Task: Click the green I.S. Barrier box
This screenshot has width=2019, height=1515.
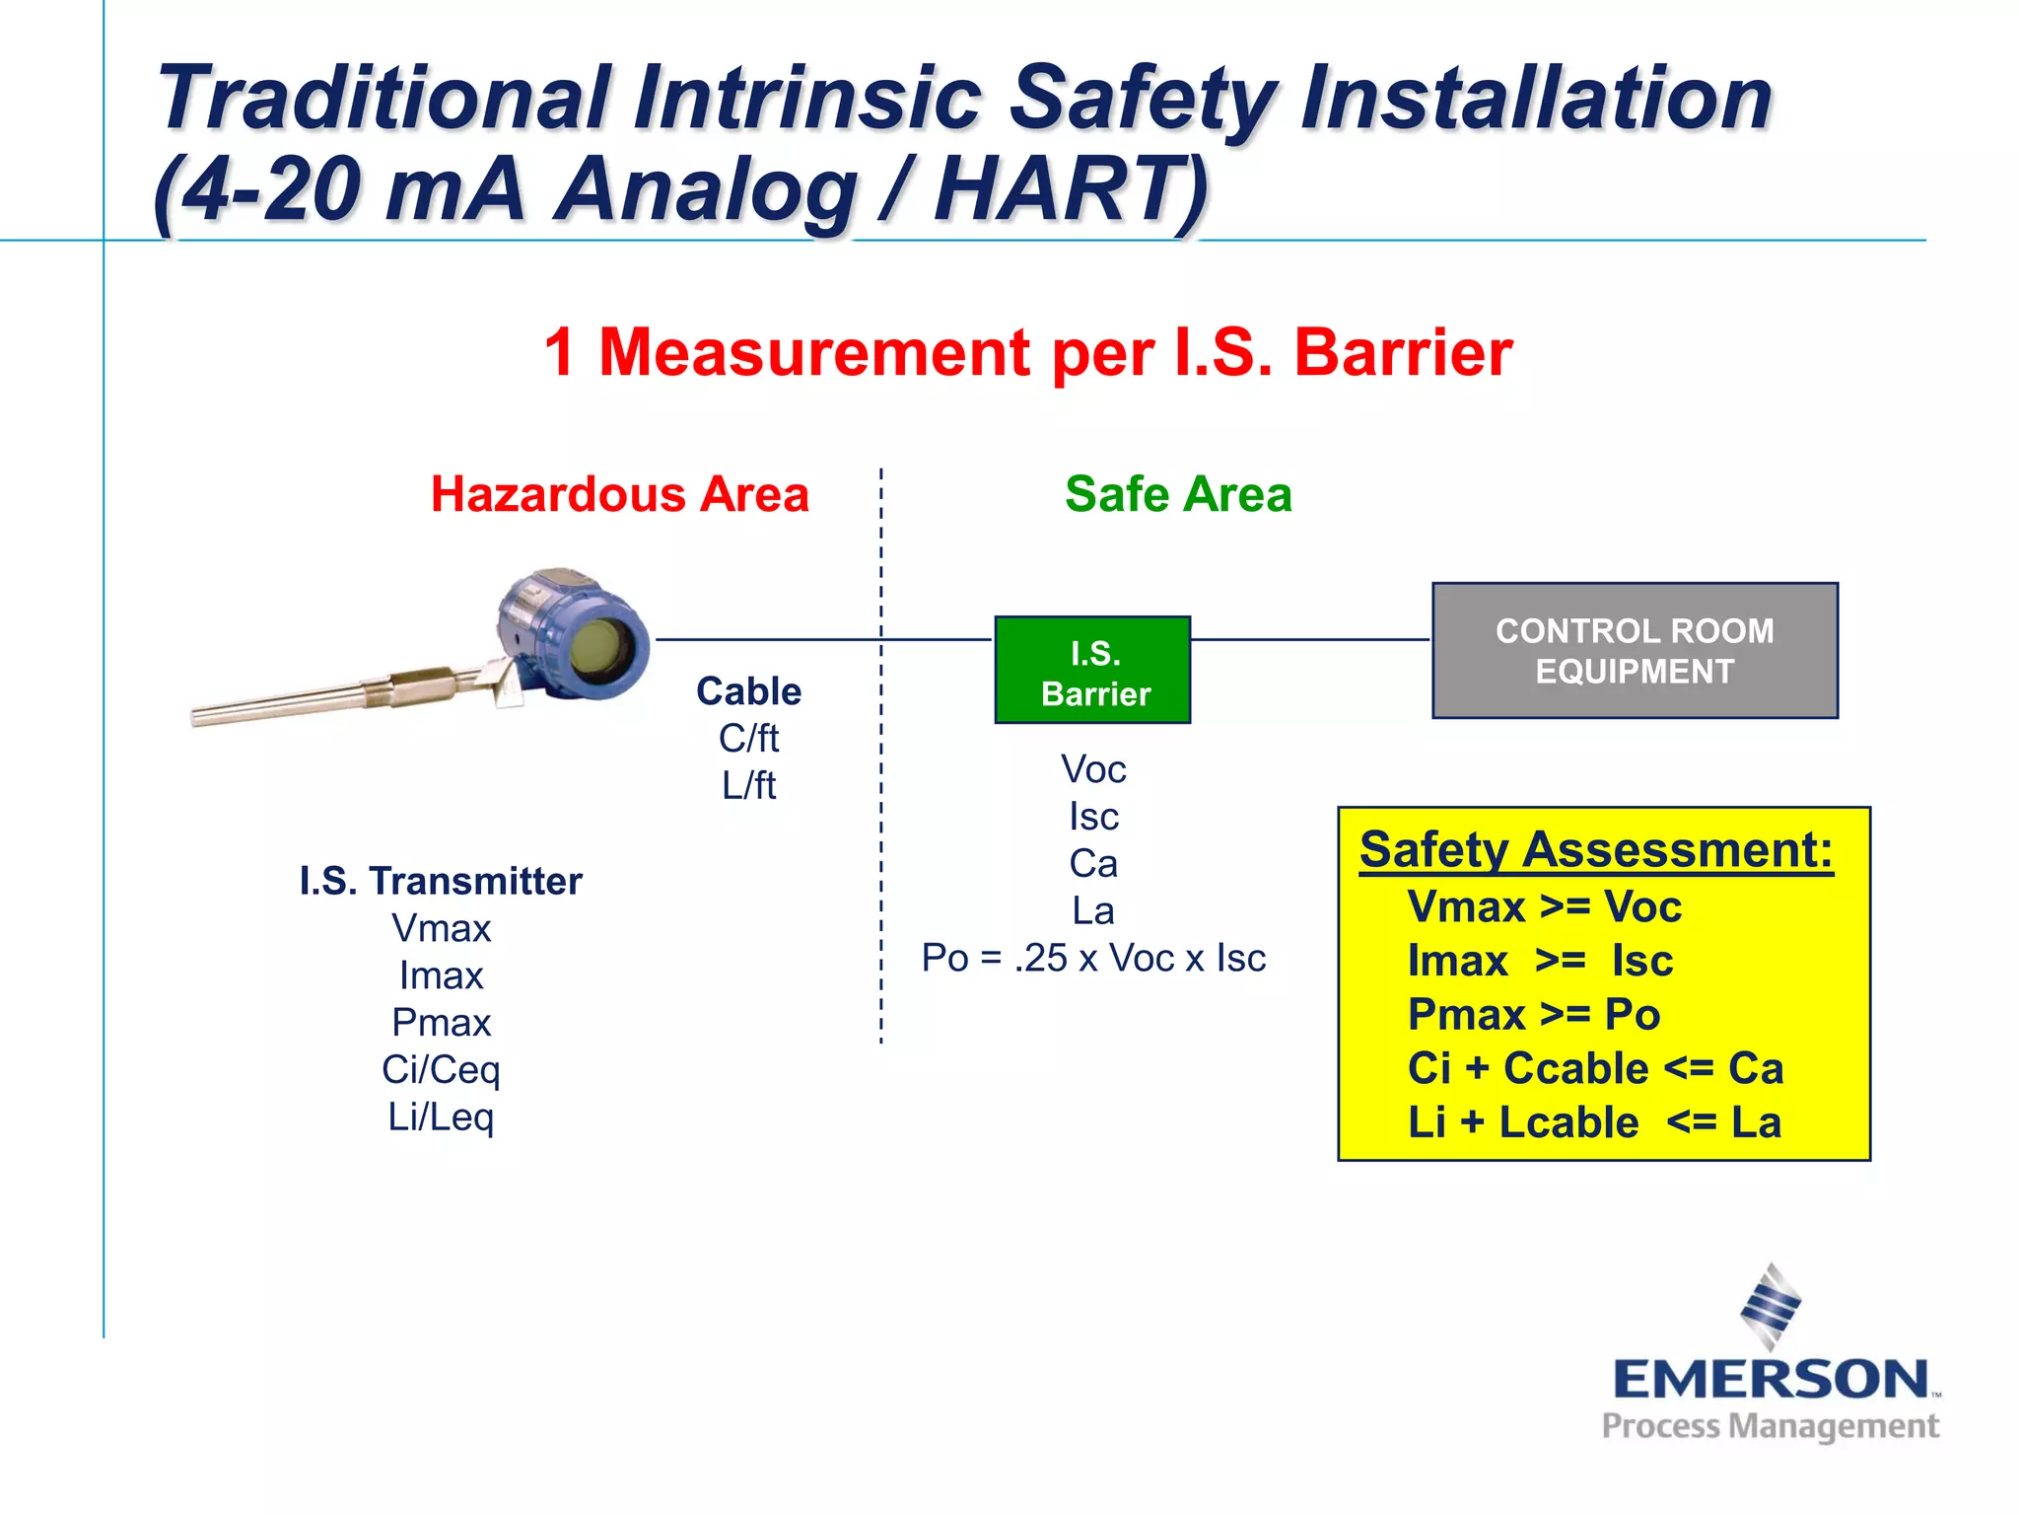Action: click(x=1092, y=671)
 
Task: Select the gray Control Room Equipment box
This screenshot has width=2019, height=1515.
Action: click(x=1635, y=651)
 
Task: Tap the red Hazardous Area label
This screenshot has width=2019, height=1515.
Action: click(x=619, y=494)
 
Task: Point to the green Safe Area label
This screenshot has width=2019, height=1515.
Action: click(x=1178, y=494)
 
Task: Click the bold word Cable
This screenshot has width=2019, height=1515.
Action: click(x=748, y=691)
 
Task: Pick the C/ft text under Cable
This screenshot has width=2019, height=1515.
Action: click(x=748, y=738)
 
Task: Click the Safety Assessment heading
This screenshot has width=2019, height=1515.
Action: click(x=1595, y=849)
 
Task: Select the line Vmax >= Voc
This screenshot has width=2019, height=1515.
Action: click(x=1544, y=907)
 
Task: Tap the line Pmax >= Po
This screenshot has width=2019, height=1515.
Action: click(x=1534, y=1015)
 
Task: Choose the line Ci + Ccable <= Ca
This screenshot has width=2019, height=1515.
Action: click(x=1595, y=1068)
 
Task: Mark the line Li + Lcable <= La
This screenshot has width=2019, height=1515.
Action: click(x=1593, y=1122)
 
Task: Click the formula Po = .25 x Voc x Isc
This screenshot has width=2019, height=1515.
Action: click(x=1093, y=958)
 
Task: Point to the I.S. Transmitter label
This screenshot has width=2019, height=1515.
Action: click(x=441, y=881)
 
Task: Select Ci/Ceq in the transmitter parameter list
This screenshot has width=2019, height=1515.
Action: click(x=441, y=1069)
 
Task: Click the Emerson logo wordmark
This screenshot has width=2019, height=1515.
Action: click(x=1771, y=1379)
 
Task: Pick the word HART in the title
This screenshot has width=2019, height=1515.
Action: click(x=1070, y=189)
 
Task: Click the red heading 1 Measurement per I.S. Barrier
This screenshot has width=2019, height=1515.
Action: click(x=1028, y=352)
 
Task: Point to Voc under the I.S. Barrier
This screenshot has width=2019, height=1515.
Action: click(x=1093, y=769)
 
